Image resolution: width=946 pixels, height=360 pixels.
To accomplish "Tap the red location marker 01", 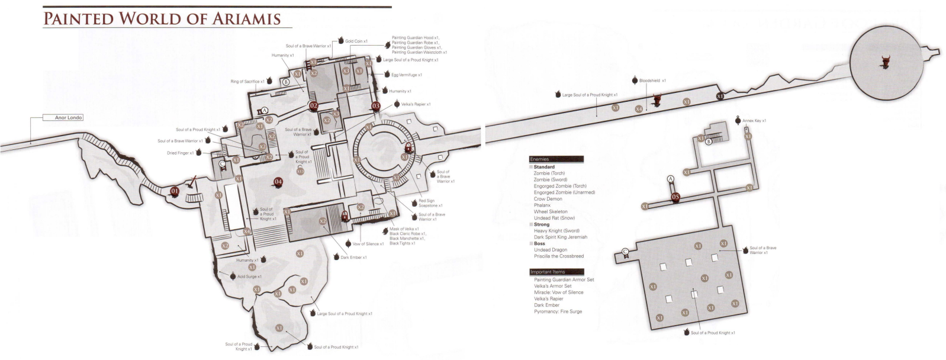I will [x=175, y=191].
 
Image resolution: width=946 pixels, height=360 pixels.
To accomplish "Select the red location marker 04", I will [x=278, y=182].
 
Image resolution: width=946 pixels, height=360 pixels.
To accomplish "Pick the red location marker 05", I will [x=675, y=197].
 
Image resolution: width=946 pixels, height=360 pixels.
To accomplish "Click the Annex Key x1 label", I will [x=754, y=121].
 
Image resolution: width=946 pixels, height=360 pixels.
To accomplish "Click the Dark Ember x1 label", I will [x=353, y=258].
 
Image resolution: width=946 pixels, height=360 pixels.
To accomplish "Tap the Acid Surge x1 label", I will [x=249, y=277].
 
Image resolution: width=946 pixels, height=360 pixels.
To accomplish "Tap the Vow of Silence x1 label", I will [x=368, y=243].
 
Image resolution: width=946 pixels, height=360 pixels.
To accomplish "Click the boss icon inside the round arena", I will [x=886, y=62].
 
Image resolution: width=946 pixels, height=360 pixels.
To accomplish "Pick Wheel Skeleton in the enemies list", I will [x=551, y=211].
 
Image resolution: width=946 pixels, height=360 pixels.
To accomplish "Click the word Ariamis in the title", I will [x=243, y=18].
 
